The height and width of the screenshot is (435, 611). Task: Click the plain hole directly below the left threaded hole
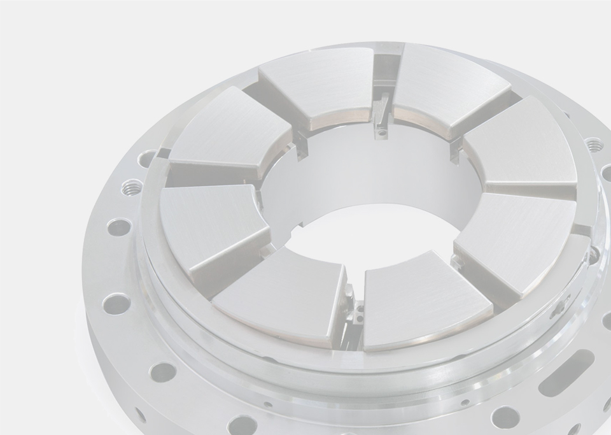[x=118, y=227]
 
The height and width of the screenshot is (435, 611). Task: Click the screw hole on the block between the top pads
[x=381, y=133]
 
